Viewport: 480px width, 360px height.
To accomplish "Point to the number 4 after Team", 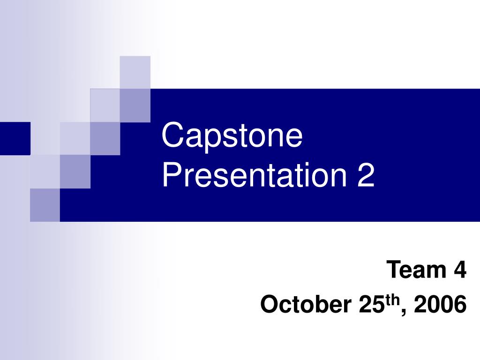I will coord(460,270).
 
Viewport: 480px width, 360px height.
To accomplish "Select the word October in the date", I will coord(305,305).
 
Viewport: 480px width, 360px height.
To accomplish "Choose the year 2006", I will coord(440,305).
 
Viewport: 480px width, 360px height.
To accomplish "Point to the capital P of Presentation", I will coord(170,176).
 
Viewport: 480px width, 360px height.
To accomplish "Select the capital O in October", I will coord(269,305).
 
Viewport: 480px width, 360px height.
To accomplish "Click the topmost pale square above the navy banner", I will coord(135,72).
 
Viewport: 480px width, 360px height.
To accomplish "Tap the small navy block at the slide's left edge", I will coord(15,138).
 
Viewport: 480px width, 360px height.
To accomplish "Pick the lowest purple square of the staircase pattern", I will coord(45,205).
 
